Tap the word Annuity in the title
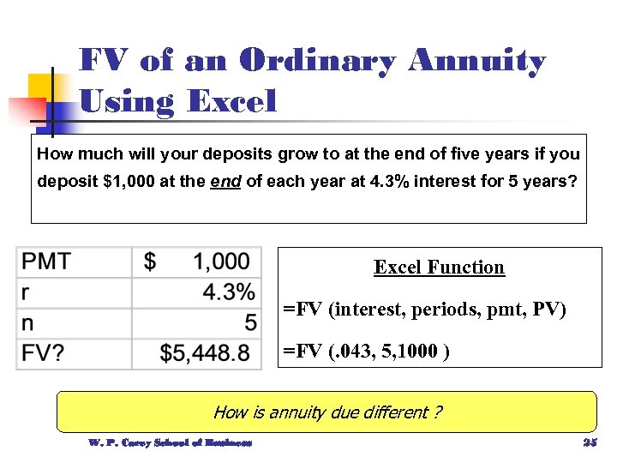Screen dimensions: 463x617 pos(476,62)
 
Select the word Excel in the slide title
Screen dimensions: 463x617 pos(231,102)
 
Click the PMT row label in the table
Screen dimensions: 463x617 pos(47,262)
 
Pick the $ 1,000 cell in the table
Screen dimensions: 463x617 pos(197,262)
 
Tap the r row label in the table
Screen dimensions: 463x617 pos(26,292)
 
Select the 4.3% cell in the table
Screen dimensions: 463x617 pos(228,292)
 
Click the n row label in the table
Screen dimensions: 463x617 pos(27,323)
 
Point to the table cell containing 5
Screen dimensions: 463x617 pos(249,323)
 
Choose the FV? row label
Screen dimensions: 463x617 pos(43,353)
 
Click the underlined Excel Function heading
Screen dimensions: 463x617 pos(439,267)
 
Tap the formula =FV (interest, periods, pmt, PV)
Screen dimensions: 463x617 pos(425,309)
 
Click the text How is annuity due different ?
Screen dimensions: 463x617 pos(327,412)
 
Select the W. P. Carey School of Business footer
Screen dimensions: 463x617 pos(171,443)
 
